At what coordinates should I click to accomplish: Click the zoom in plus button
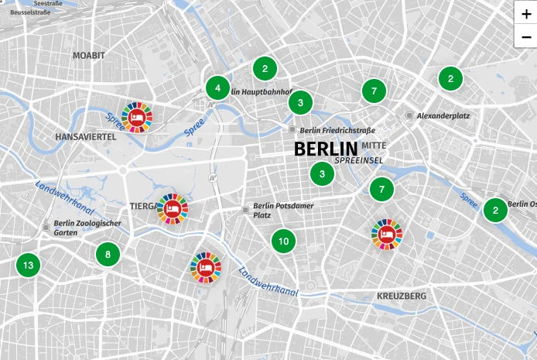526,14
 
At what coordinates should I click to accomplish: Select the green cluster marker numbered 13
28,266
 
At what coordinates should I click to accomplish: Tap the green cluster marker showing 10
283,241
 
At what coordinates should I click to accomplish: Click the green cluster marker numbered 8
108,253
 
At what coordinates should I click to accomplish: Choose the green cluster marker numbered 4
217,87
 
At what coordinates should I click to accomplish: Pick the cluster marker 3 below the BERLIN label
322,174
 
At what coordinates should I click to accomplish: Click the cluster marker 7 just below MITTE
381,189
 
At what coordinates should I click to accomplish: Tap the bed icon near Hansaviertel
137,116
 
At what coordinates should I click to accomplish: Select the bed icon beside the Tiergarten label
172,208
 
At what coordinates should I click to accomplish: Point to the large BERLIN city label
326,149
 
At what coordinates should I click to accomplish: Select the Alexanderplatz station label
443,115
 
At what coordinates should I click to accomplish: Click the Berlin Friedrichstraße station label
337,130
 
